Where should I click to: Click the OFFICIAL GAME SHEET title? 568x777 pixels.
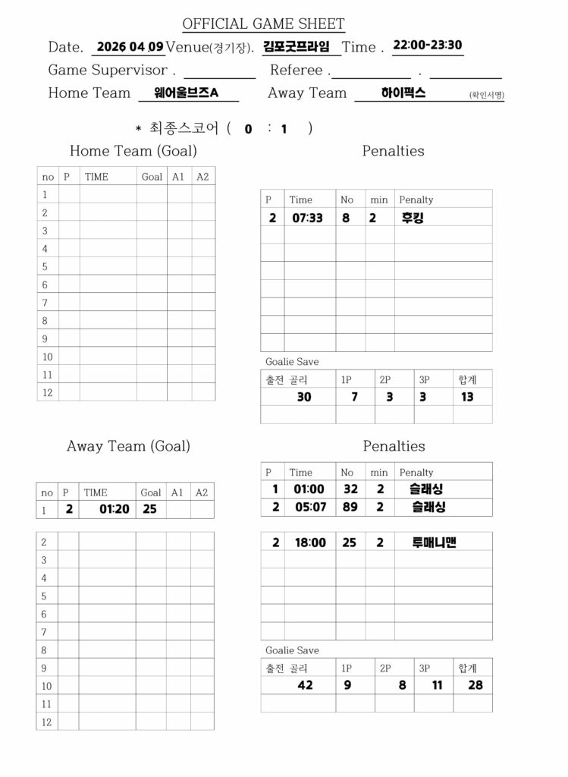click(x=263, y=24)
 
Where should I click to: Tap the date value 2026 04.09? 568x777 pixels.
click(x=130, y=46)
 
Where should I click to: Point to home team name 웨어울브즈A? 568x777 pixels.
click(x=186, y=93)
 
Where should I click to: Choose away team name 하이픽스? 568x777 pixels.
click(x=403, y=93)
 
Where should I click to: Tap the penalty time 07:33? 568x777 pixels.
click(x=308, y=218)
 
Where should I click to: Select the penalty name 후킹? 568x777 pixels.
click(x=413, y=218)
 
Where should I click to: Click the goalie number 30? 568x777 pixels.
click(x=303, y=397)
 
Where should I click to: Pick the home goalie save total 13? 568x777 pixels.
click(x=467, y=397)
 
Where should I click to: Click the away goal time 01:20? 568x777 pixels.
click(x=114, y=509)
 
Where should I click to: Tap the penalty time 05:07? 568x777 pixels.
click(x=309, y=507)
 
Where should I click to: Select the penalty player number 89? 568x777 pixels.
click(x=350, y=507)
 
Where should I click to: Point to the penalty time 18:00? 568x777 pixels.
click(x=309, y=543)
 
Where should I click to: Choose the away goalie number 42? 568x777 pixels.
click(x=305, y=685)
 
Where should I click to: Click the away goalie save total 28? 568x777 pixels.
click(x=475, y=685)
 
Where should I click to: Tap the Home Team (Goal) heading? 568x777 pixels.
click(x=133, y=151)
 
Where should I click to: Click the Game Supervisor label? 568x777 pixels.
click(x=108, y=71)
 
